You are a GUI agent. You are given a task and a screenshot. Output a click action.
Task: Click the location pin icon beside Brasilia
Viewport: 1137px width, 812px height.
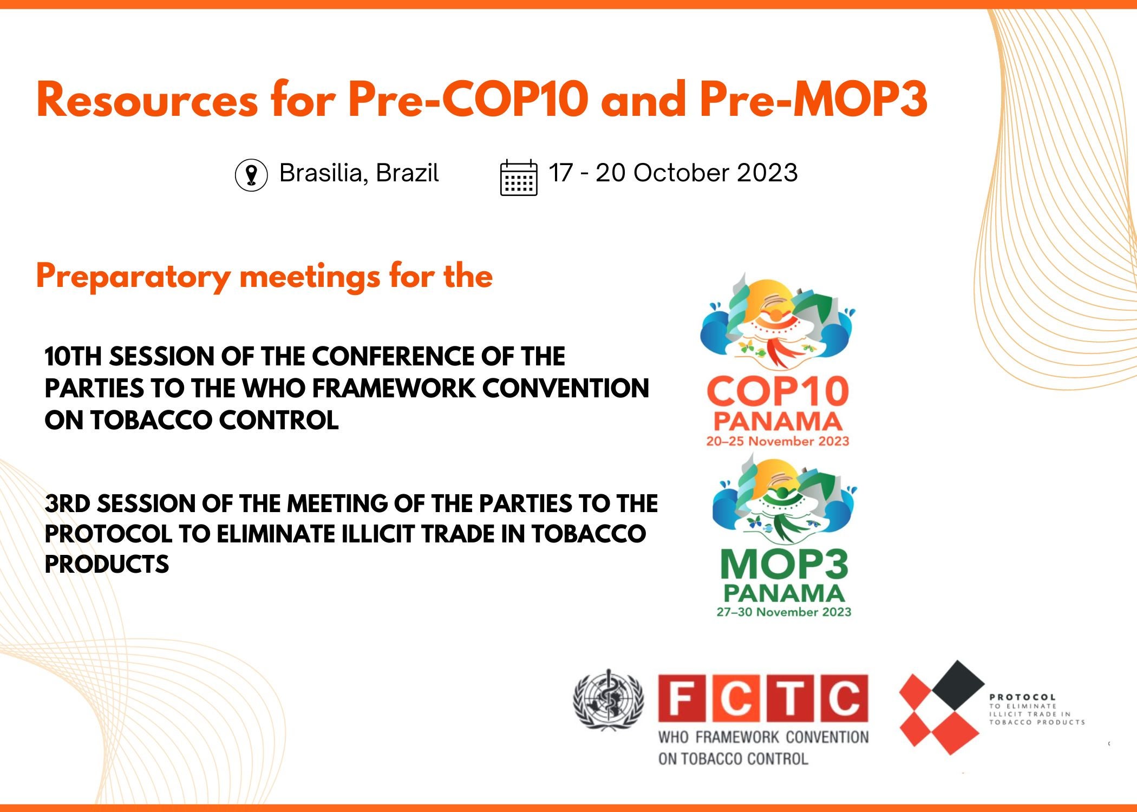(251, 175)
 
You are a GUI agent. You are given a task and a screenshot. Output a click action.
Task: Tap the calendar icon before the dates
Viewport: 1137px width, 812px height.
(519, 178)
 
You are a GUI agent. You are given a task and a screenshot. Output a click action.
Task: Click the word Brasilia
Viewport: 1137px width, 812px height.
(321, 173)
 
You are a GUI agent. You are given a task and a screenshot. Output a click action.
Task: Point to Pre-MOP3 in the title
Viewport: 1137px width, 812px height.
(814, 99)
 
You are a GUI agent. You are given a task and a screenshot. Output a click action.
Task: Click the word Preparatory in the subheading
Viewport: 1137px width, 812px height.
(134, 277)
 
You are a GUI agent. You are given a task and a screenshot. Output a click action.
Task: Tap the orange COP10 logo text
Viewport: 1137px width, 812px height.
(777, 392)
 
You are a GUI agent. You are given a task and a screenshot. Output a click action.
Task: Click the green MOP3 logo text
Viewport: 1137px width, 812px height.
(784, 564)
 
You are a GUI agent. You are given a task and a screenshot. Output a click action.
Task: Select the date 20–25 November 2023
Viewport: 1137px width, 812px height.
(777, 441)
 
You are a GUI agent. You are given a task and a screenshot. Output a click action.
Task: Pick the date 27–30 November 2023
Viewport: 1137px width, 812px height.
(784, 612)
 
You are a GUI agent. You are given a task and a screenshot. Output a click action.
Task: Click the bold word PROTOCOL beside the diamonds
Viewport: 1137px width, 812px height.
(1022, 697)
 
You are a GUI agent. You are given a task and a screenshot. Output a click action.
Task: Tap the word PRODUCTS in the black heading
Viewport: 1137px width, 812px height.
(107, 565)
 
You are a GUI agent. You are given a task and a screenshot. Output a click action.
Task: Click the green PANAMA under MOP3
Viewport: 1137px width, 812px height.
(784, 593)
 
